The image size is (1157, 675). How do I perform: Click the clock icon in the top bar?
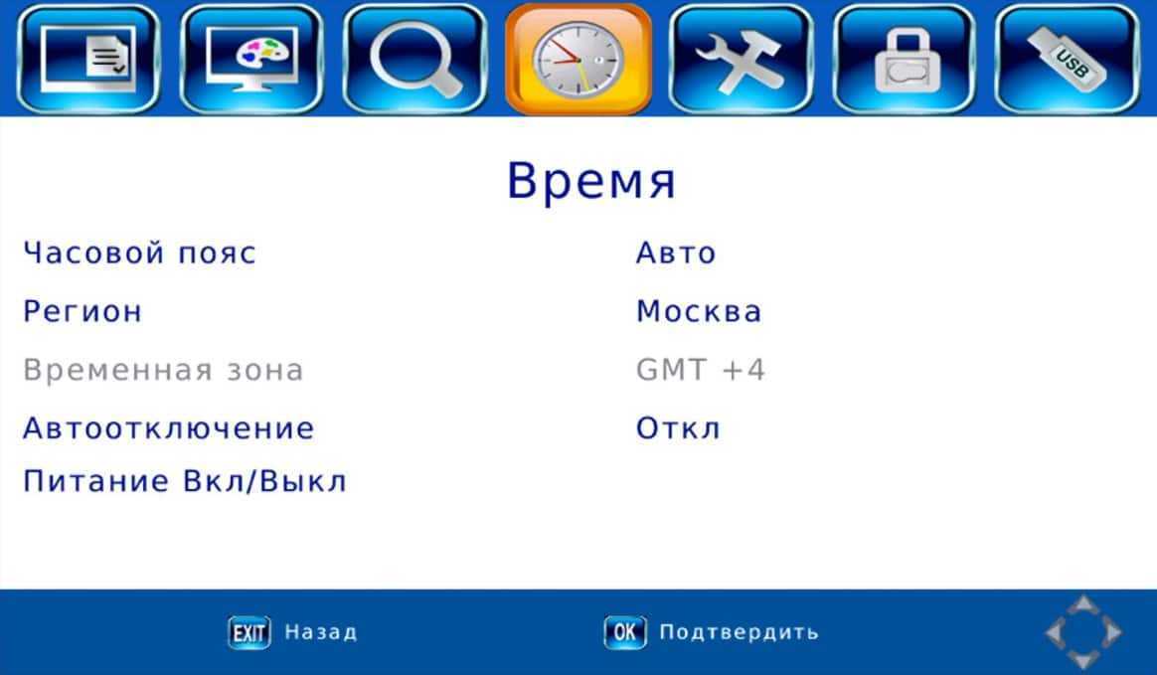tap(578, 59)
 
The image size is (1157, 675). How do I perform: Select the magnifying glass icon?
tap(414, 59)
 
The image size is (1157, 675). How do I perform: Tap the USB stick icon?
tap(1067, 59)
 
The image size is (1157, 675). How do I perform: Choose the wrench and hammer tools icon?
tap(741, 59)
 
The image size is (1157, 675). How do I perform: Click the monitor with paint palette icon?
tap(251, 59)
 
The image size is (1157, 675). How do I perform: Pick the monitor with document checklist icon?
tap(88, 59)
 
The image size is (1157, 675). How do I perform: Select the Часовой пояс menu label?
tap(139, 253)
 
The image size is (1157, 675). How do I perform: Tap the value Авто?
tap(676, 253)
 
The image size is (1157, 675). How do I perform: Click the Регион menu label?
tap(83, 311)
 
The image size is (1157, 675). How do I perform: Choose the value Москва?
tap(699, 311)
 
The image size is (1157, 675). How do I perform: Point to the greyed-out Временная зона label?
tap(163, 370)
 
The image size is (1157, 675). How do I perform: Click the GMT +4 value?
tap(700, 370)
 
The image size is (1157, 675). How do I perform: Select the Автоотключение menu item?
tap(169, 428)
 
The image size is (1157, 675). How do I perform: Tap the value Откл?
tap(678, 428)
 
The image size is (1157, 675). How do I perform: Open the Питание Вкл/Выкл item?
tap(185, 482)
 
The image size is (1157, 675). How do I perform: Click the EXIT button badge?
tap(249, 633)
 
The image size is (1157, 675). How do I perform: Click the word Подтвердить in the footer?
tap(739, 632)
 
